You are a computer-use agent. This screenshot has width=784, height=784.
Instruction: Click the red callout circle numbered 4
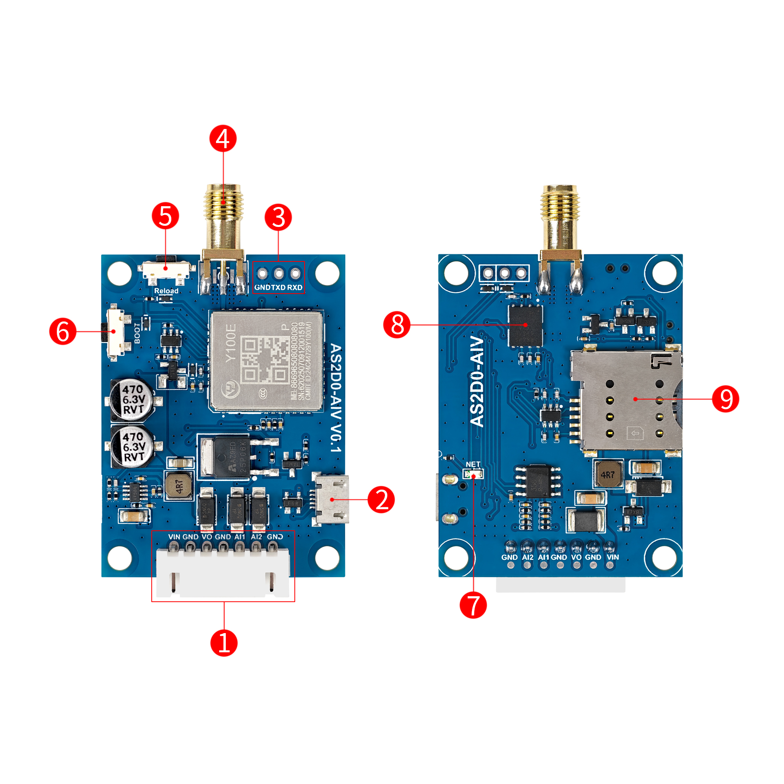(x=223, y=138)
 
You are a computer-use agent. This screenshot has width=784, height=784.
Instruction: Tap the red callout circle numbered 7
(x=473, y=604)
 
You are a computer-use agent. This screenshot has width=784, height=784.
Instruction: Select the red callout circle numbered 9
(x=725, y=399)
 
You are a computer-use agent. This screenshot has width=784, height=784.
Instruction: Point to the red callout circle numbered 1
(x=223, y=642)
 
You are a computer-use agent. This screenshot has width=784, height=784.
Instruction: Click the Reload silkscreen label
(x=166, y=290)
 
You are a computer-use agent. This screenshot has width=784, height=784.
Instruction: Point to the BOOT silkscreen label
(x=137, y=333)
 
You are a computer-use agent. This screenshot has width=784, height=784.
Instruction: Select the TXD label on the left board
(x=278, y=287)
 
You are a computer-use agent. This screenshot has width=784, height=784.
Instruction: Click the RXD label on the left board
(x=295, y=287)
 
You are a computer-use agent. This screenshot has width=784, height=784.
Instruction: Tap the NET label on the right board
(x=473, y=464)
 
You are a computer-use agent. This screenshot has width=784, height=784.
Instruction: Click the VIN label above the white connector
(x=174, y=537)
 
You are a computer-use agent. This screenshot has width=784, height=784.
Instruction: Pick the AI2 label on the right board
(x=528, y=557)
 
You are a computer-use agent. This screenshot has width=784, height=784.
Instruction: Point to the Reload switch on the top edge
(x=166, y=269)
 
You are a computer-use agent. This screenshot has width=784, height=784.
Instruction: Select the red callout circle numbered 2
(x=381, y=499)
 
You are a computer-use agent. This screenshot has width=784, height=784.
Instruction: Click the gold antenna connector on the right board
(x=560, y=219)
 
